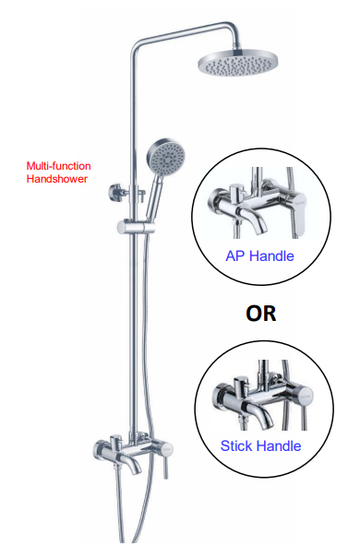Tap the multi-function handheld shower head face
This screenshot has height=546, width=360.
click(x=166, y=156)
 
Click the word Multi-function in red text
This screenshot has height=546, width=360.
click(x=58, y=166)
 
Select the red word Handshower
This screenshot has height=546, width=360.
click(x=57, y=179)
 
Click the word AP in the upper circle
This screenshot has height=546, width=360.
click(x=235, y=256)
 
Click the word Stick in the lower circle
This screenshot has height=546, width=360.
click(x=237, y=445)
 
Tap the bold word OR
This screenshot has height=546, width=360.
click(x=260, y=313)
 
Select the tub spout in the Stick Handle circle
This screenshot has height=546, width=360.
click(x=258, y=411)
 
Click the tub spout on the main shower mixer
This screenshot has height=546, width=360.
click(x=133, y=463)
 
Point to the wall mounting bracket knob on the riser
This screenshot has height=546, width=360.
click(x=114, y=193)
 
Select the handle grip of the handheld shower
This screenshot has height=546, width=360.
click(x=154, y=198)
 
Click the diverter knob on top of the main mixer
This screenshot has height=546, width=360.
click(x=115, y=441)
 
